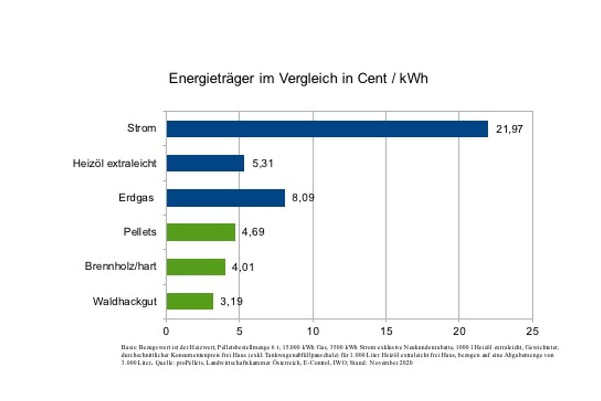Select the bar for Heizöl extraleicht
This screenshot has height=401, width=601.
[x=205, y=163]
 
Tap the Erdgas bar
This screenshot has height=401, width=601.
[x=225, y=197]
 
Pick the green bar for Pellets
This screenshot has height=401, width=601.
[x=201, y=232]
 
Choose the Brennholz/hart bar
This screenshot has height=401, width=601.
[x=196, y=267]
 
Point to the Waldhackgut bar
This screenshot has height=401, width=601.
[x=190, y=301]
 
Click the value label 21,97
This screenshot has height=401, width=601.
[x=510, y=129]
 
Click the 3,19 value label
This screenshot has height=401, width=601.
[x=232, y=302]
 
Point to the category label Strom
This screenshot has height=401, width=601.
[x=141, y=128]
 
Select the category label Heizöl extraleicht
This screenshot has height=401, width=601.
[x=114, y=163]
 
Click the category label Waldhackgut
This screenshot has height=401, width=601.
[x=125, y=301]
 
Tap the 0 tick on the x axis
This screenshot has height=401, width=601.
[x=166, y=331]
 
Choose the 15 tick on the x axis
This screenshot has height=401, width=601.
[x=386, y=331]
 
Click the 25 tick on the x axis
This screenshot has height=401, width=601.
[x=532, y=331]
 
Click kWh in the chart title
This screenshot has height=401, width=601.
[x=414, y=79]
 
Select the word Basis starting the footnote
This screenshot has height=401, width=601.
[x=128, y=347]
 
